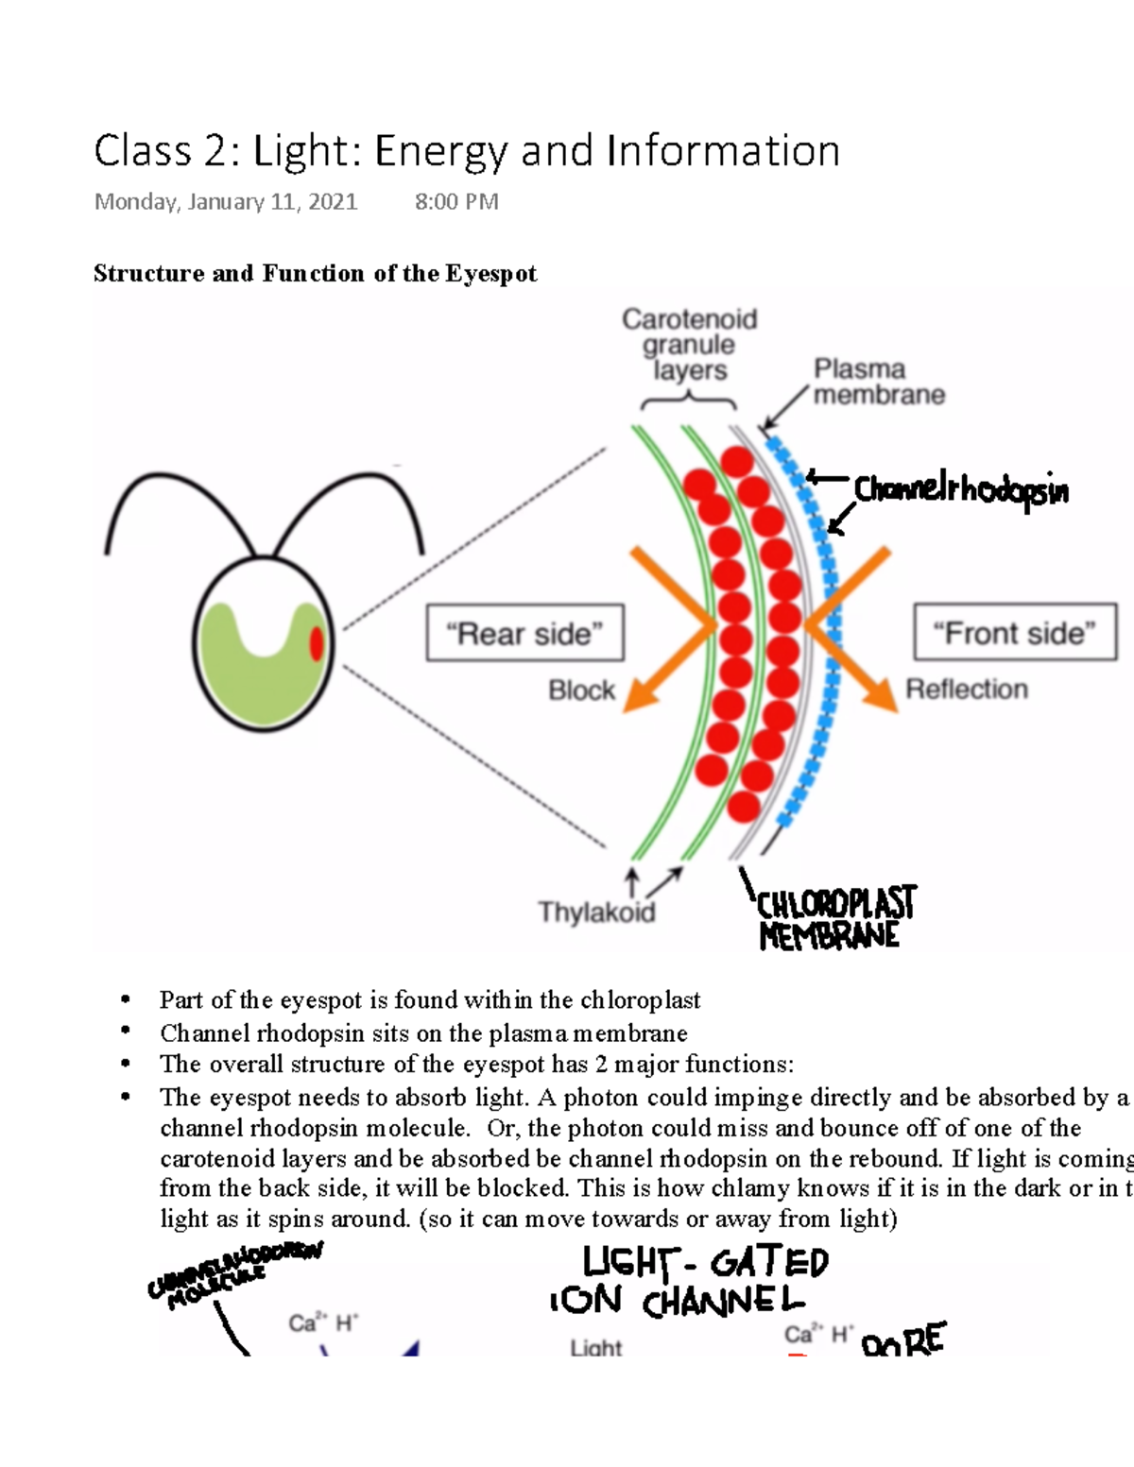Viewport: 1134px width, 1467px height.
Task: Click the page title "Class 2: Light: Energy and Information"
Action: tap(467, 151)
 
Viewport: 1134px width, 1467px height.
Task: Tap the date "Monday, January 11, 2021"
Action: tap(226, 201)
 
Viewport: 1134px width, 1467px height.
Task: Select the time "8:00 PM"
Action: tap(456, 201)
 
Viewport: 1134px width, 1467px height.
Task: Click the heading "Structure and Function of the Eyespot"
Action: tap(315, 274)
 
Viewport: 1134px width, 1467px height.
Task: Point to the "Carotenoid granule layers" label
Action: tap(689, 345)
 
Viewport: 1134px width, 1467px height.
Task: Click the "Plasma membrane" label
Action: tap(878, 382)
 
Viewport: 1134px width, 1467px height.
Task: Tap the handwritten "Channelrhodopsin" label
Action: tap(961, 489)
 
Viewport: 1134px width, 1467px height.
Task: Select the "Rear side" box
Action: tap(525, 633)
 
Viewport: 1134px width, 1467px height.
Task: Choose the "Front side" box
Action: tap(1015, 632)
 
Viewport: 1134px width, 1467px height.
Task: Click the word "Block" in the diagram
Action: tap(581, 691)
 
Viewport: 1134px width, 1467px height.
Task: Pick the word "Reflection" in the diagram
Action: tap(967, 690)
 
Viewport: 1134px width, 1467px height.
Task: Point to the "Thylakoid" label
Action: tap(596, 912)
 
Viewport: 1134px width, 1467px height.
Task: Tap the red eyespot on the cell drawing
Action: tap(317, 643)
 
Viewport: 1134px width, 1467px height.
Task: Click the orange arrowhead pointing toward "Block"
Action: tap(642, 694)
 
